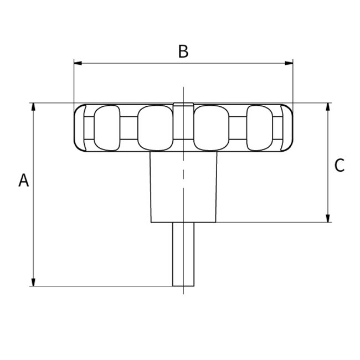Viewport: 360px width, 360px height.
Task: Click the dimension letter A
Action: [x=23, y=180]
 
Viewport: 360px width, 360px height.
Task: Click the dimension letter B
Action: [x=183, y=52]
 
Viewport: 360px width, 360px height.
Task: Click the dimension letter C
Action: [x=340, y=165]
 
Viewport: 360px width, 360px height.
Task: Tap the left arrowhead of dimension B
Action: [x=78, y=63]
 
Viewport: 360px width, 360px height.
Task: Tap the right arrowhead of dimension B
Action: [x=289, y=63]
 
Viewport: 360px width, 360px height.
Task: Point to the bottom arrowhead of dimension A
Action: [x=33, y=282]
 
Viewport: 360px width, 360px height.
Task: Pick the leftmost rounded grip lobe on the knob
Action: [x=107, y=128]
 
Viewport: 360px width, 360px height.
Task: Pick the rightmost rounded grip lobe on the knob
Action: [x=260, y=128]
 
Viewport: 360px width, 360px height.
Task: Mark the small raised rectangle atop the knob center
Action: [x=183, y=105]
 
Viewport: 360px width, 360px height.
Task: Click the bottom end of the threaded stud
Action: [x=183, y=285]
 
